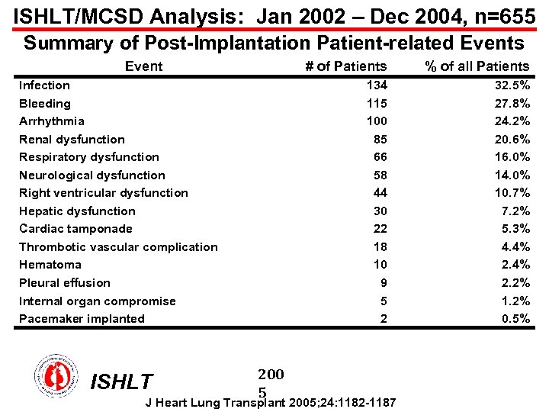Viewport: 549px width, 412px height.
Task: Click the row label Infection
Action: tap(44, 85)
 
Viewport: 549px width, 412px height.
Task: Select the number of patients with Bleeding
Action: tap(376, 103)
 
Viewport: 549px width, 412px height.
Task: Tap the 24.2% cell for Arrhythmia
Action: tap(511, 121)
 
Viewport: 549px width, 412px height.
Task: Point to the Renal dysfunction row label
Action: tap(72, 140)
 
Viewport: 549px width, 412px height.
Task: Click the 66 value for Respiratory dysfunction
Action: tap(380, 157)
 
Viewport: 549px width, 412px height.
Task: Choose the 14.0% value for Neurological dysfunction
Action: tap(511, 175)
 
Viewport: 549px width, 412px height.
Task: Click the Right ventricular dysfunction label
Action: tap(103, 193)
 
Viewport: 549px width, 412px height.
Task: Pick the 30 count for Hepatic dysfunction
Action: tap(380, 211)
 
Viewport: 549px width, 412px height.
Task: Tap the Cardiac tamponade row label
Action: tap(75, 229)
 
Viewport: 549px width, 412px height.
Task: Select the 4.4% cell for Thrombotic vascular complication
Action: tap(515, 247)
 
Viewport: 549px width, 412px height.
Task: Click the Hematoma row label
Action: tap(50, 265)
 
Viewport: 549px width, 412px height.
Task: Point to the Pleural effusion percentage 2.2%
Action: tap(515, 283)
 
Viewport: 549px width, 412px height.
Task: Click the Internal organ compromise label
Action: tap(97, 301)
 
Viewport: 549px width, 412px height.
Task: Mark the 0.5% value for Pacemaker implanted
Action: tap(515, 319)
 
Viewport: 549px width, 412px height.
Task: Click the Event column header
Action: tap(143, 66)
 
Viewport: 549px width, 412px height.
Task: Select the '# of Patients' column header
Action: tap(345, 66)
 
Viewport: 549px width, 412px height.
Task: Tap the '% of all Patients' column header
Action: tap(477, 66)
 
